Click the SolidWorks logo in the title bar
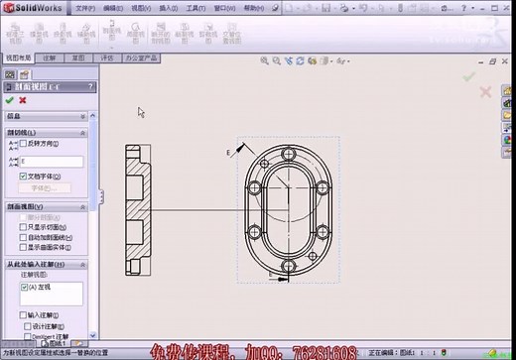tap(31, 8)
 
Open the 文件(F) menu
tap(85, 8)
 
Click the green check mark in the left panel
tap(10, 100)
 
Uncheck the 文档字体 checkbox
tap(24, 176)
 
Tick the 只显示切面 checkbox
tap(24, 227)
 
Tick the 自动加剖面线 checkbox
tap(24, 238)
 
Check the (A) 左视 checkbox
tap(24, 286)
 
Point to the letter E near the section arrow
tap(228, 153)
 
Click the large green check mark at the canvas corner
tap(469, 74)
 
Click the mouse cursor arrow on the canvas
tap(142, 112)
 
